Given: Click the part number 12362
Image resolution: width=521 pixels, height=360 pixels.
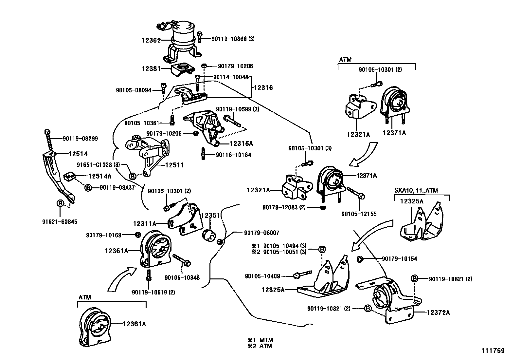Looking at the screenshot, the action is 151,40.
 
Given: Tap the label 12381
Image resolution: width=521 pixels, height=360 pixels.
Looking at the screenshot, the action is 151,69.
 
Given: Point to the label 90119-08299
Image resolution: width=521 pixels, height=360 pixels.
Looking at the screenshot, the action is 80,139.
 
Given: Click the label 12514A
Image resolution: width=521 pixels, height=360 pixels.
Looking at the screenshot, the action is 100,176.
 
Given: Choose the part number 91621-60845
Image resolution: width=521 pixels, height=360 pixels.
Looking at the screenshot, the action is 60,222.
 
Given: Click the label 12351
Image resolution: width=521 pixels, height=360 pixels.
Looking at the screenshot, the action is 210,216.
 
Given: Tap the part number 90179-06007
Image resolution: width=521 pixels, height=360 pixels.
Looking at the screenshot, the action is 262,233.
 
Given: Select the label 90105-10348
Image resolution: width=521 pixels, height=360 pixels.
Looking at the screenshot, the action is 182,277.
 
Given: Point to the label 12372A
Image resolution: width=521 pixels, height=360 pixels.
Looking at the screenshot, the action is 438,313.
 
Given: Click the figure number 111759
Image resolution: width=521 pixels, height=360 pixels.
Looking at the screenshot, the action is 493,351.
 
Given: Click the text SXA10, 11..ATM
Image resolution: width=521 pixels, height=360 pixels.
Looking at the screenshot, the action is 416,190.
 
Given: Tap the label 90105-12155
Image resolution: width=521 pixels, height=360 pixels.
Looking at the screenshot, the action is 359,214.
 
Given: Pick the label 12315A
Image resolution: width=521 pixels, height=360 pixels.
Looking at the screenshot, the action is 241,144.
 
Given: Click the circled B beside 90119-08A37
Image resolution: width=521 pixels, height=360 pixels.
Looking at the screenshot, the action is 88,187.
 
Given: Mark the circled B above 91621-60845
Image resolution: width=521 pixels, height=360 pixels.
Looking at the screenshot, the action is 60,203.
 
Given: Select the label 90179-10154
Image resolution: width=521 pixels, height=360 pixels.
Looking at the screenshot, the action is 399,259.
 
